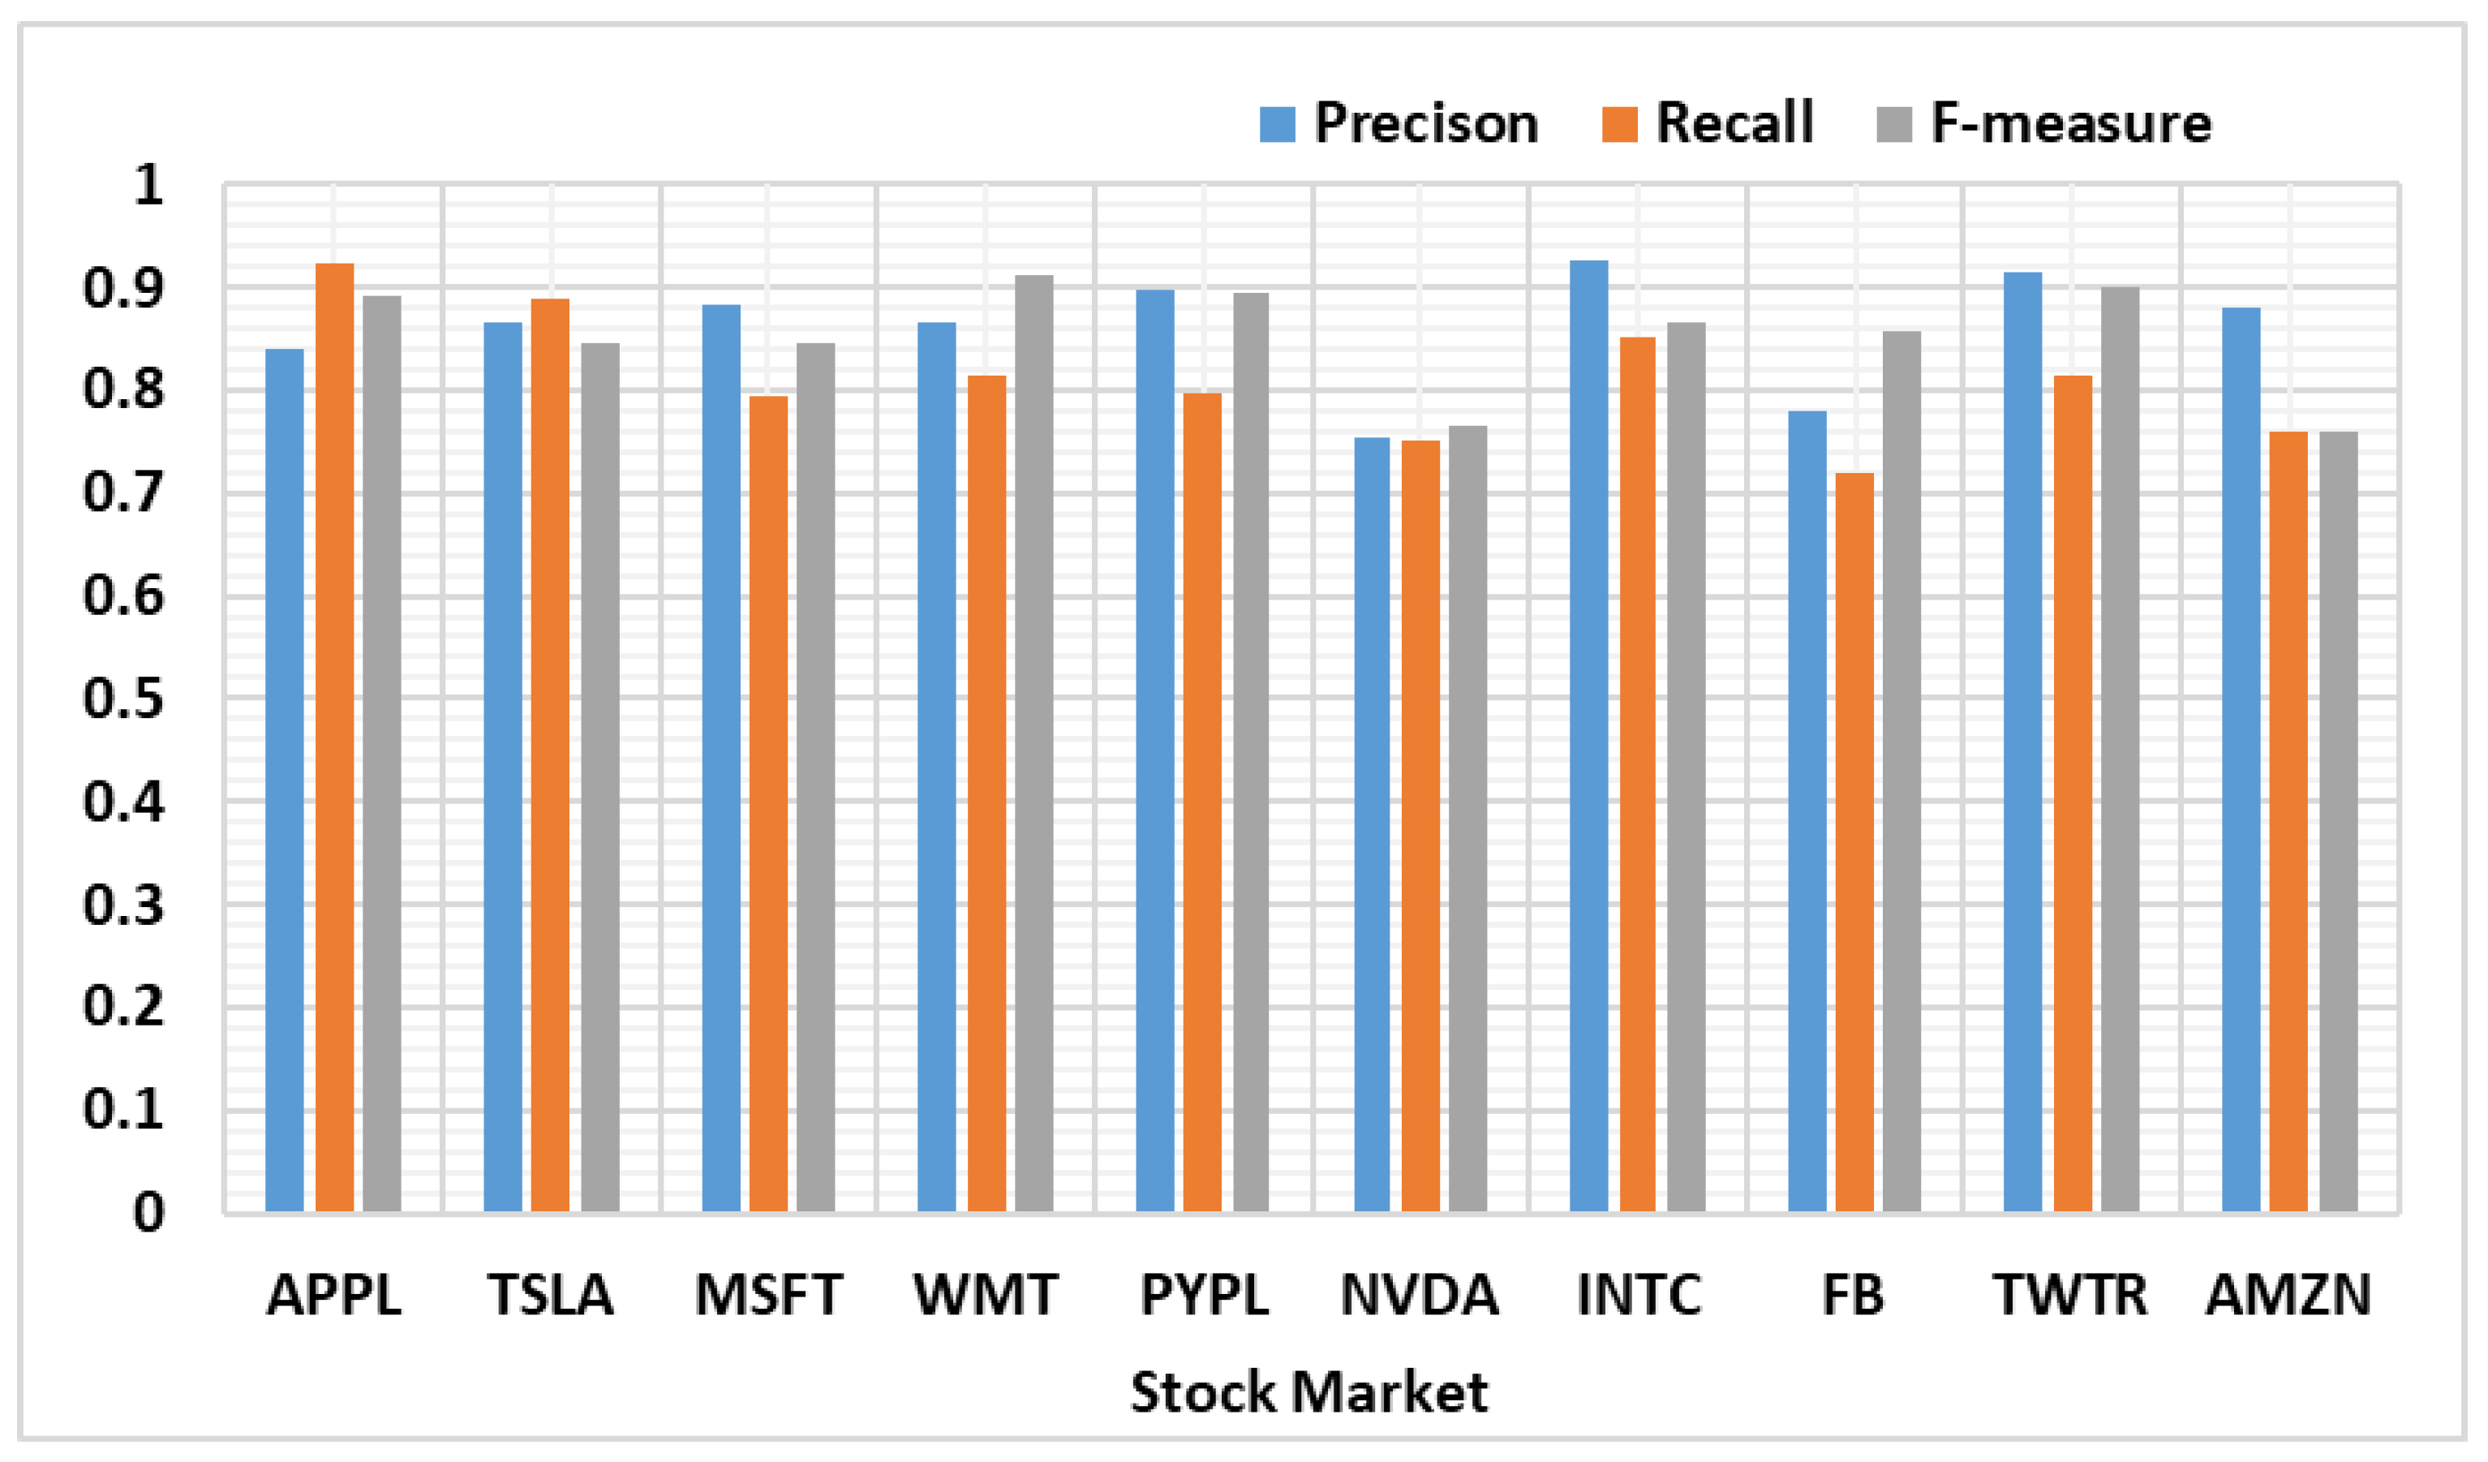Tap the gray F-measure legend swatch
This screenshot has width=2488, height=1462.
coord(1893,124)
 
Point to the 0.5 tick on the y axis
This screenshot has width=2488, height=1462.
coord(123,699)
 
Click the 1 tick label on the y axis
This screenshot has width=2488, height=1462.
coord(148,185)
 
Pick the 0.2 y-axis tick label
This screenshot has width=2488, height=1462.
coord(123,1007)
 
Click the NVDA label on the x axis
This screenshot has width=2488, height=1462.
coord(1419,1295)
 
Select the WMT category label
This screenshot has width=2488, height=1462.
coord(986,1295)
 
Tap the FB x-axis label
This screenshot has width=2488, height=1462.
coord(1852,1295)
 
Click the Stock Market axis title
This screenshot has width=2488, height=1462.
coord(1308,1393)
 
